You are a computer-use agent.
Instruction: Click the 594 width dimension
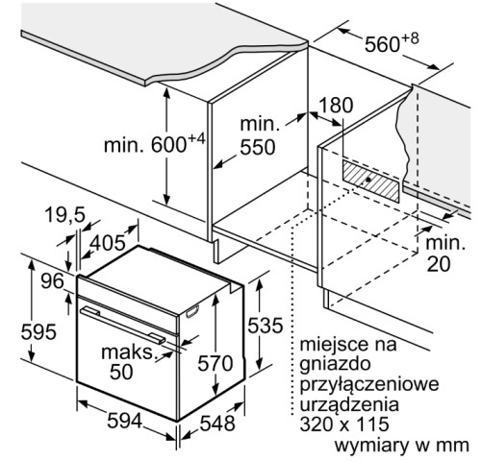pos(124,421)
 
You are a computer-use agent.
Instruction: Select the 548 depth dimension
pos(217,424)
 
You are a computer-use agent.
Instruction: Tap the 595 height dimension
pos(38,331)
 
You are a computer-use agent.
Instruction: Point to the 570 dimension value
pos(215,363)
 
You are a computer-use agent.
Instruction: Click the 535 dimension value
pos(266,326)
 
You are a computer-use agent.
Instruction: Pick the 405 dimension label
pos(107,243)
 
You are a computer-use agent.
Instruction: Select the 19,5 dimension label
pos(64,215)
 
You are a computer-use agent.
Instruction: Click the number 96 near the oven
pos(52,281)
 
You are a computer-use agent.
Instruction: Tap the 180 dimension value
pos(336,105)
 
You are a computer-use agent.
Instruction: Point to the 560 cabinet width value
pos(383,44)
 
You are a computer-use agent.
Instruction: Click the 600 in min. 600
pos(168,145)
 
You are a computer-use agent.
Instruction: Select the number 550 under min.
pos(258,147)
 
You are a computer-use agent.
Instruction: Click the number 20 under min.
pos(439,264)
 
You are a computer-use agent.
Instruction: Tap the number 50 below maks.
pos(121,372)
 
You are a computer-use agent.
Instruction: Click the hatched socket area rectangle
pos(371,181)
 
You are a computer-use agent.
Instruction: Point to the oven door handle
pos(123,325)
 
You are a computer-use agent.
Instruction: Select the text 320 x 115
pos(344,425)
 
